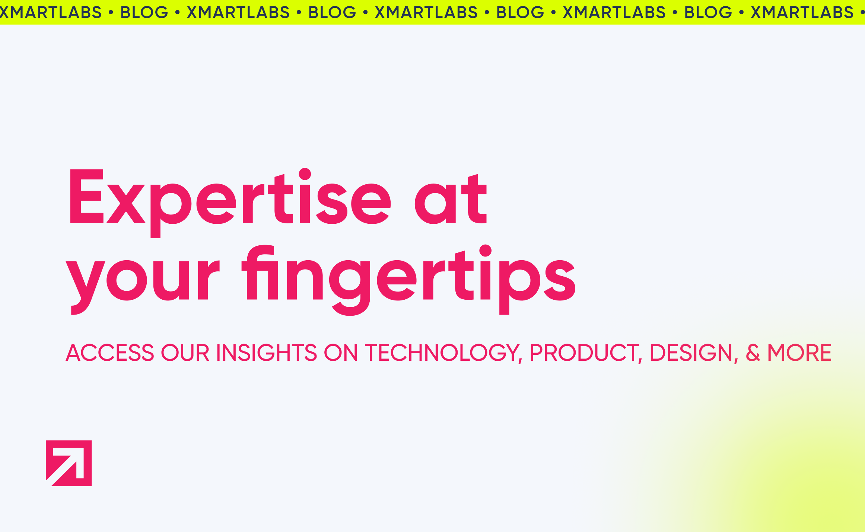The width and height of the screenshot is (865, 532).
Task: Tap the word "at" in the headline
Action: (x=451, y=199)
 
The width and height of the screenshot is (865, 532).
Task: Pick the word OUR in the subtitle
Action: (x=185, y=353)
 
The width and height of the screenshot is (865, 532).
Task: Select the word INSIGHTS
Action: (x=266, y=353)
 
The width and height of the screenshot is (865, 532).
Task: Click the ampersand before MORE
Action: (x=753, y=353)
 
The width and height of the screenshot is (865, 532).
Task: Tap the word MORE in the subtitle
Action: (x=799, y=353)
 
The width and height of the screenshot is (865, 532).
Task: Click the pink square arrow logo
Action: (x=69, y=463)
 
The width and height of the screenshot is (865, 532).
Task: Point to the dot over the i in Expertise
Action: (x=305, y=174)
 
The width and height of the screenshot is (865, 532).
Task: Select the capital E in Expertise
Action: (x=86, y=196)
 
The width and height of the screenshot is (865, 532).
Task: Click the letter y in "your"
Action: (x=85, y=287)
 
